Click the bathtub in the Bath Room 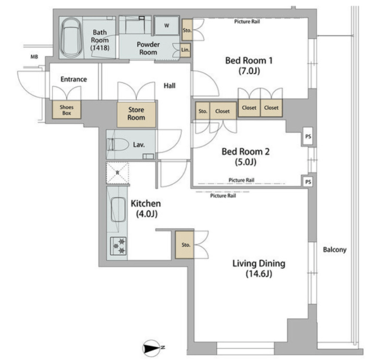71,38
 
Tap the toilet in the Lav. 117,145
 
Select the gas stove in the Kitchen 118,246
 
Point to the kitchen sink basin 118,210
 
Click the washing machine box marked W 167,26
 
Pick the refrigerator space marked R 117,173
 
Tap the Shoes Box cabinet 67,110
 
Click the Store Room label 136,114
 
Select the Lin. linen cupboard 185,50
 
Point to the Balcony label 335,250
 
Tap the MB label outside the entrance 34,57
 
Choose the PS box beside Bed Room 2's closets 308,137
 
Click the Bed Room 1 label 249,61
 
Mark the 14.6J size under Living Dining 259,274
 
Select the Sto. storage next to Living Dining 185,245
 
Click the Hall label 169,85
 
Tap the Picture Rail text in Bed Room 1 247,21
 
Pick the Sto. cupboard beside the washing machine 187,30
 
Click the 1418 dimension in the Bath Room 100,48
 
